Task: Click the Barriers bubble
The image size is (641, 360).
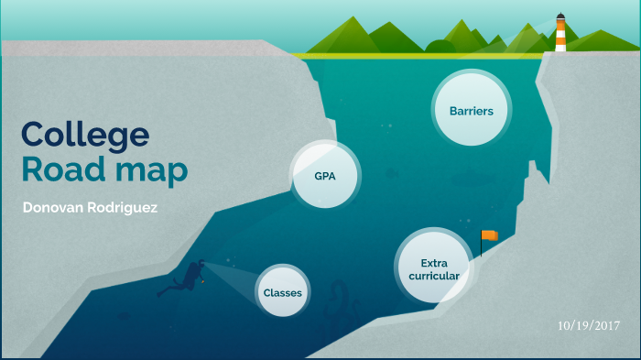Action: pyautogui.click(x=472, y=111)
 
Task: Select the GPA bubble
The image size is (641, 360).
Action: pyautogui.click(x=323, y=175)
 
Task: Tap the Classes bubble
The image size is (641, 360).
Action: pyautogui.click(x=282, y=292)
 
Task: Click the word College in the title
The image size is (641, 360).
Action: pyautogui.click(x=85, y=135)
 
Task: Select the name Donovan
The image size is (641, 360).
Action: pyautogui.click(x=56, y=208)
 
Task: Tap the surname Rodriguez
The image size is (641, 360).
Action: pyautogui.click(x=125, y=208)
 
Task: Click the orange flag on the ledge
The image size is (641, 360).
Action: pyautogui.click(x=491, y=235)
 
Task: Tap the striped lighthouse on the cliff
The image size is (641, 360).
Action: pyautogui.click(x=560, y=35)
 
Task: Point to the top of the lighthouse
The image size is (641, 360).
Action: pyautogui.click(x=560, y=16)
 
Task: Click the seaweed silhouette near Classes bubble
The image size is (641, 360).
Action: pyautogui.click(x=337, y=302)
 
